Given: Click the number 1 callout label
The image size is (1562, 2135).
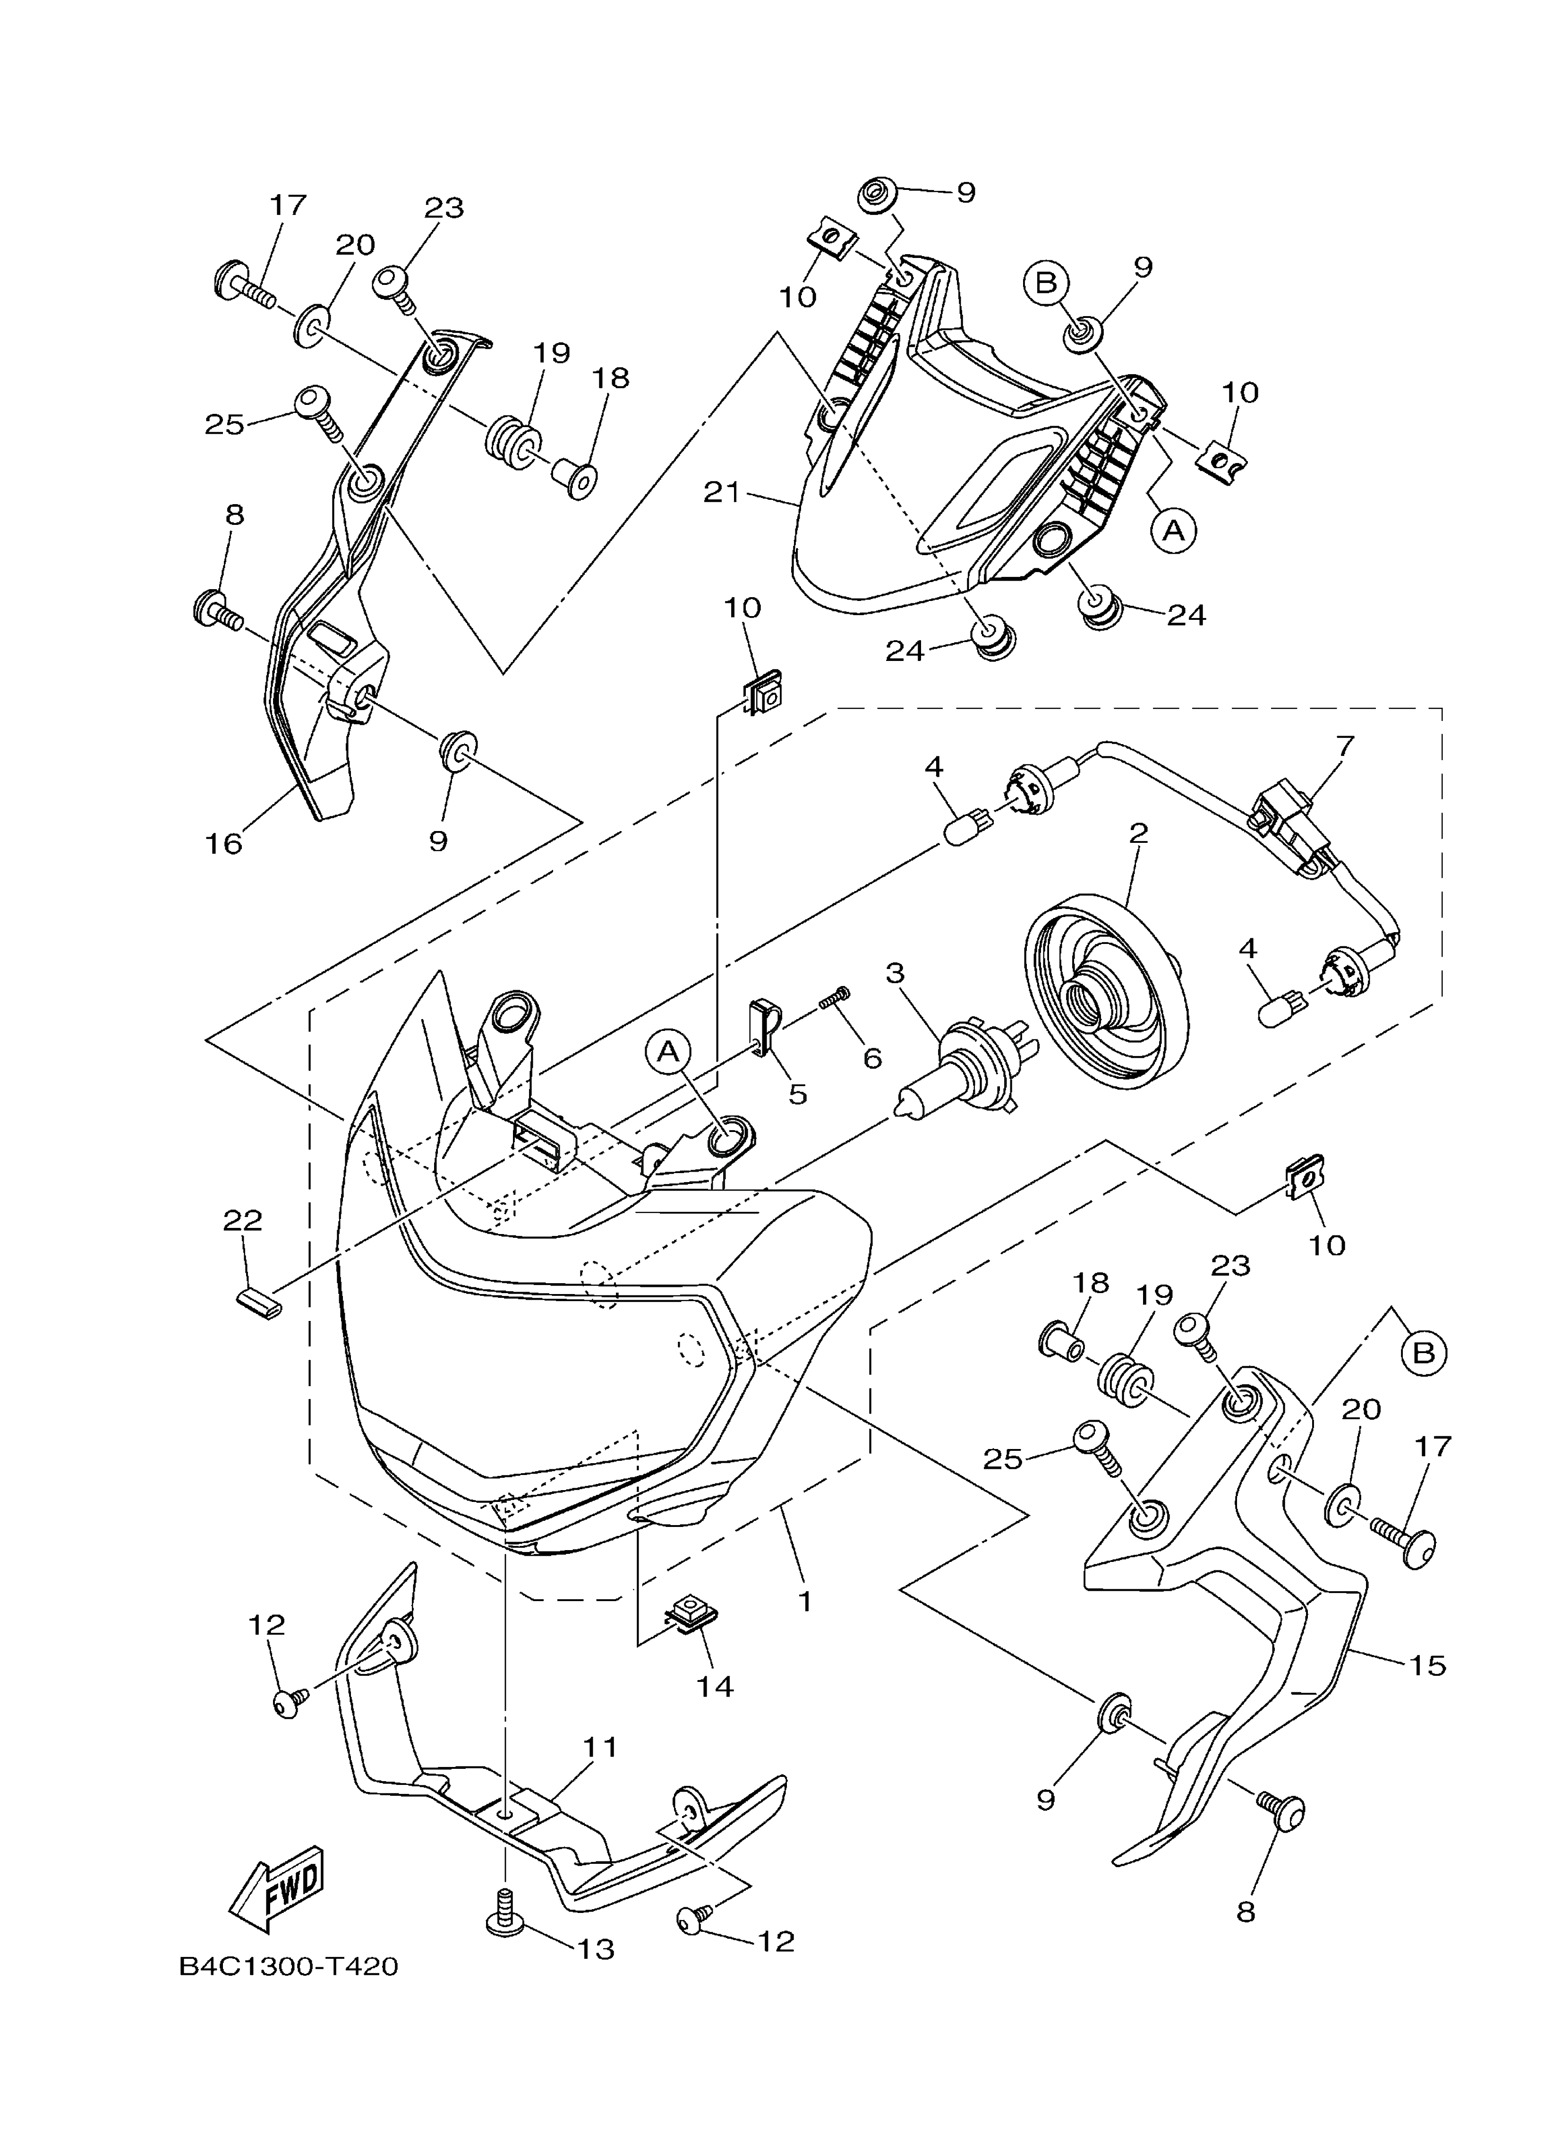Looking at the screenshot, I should [805, 1602].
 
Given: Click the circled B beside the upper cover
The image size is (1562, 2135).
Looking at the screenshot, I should [1046, 283].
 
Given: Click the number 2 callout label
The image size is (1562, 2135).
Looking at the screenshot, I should [1138, 833].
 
